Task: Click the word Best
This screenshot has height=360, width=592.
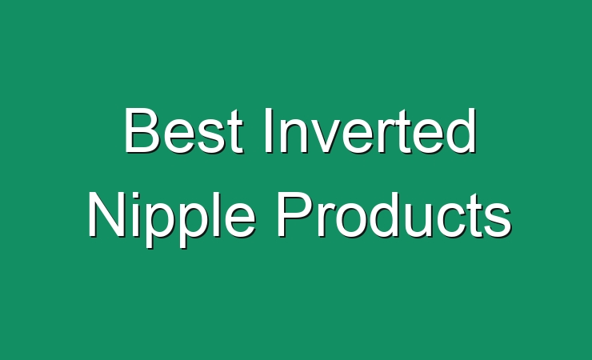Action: pos(183,130)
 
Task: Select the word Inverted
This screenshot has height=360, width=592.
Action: pos(370,130)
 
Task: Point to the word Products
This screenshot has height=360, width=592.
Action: pos(394,214)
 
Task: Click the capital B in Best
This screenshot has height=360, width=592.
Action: pos(141,130)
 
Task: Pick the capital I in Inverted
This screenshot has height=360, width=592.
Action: pos(269,130)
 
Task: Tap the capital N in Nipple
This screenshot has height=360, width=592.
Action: pos(106,214)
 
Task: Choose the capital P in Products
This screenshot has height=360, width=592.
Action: pos(295,214)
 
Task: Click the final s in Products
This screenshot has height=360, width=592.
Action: pos(498,221)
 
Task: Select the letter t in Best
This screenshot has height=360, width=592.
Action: pos(235,132)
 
